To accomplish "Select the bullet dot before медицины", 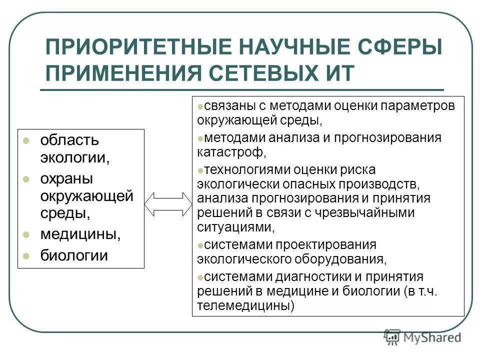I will click(x=27, y=234).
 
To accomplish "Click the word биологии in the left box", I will click(x=74, y=255).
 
